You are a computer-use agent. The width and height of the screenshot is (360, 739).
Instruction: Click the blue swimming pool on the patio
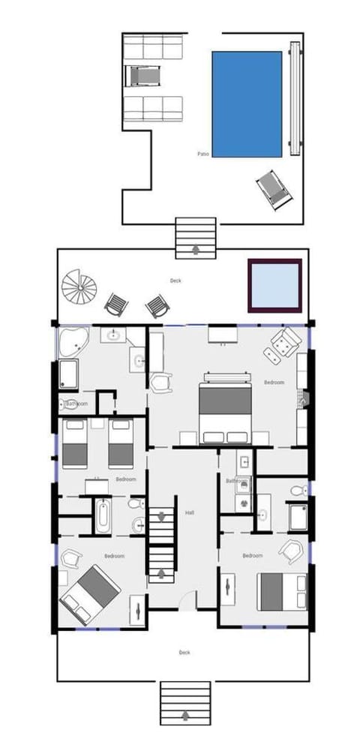(247, 104)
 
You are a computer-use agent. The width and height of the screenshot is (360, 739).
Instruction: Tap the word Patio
(202, 154)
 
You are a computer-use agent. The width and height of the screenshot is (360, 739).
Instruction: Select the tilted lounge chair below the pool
(274, 190)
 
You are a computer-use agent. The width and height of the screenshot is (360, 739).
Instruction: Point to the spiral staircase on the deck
(79, 287)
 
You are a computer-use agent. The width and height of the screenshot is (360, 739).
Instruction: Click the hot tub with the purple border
(274, 284)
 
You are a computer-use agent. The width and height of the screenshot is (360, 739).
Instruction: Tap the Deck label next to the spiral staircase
(175, 281)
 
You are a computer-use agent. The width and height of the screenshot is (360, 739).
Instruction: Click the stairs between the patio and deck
(196, 236)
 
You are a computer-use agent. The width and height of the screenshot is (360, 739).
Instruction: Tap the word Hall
(190, 513)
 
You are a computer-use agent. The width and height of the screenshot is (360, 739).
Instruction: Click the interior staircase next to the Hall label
(160, 544)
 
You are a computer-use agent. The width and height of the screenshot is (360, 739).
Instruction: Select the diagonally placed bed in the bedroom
(90, 593)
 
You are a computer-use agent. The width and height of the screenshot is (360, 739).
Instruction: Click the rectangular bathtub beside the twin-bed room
(103, 515)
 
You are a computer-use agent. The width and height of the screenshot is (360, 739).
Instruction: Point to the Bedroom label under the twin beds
(125, 479)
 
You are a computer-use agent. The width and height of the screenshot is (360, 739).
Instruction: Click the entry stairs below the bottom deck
(184, 703)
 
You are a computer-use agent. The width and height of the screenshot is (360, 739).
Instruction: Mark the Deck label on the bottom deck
(184, 653)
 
